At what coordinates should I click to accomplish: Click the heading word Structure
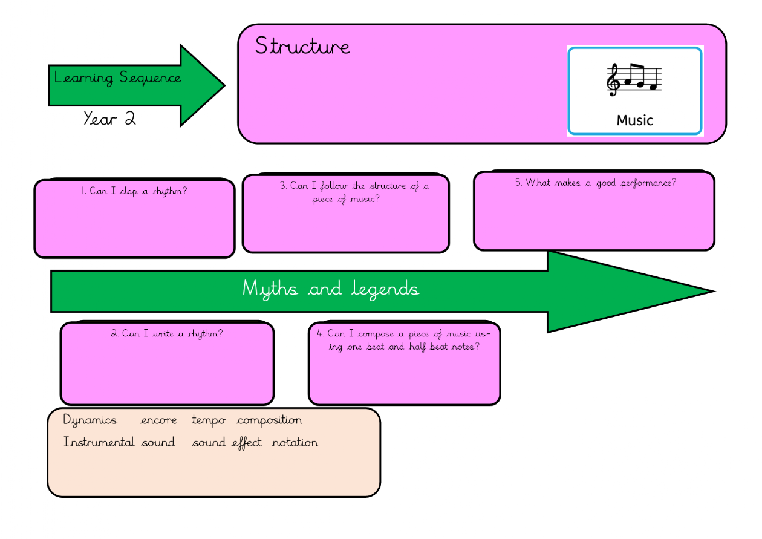(x=302, y=46)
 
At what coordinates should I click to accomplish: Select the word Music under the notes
(x=635, y=120)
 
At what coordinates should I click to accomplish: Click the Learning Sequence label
(x=117, y=78)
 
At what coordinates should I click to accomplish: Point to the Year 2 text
(x=109, y=119)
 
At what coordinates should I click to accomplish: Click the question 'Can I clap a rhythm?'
(x=134, y=191)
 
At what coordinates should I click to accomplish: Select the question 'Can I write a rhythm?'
(x=166, y=333)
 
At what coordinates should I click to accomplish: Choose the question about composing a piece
(x=404, y=340)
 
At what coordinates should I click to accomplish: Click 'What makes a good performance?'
(x=595, y=183)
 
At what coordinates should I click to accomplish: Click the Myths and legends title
(x=331, y=289)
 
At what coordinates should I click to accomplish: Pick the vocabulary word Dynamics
(x=90, y=420)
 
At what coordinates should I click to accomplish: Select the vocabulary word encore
(x=158, y=420)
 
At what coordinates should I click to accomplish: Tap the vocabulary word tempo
(x=209, y=420)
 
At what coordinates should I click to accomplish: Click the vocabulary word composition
(x=269, y=420)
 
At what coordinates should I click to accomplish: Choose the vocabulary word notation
(x=295, y=443)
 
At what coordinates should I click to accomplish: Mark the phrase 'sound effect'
(x=227, y=443)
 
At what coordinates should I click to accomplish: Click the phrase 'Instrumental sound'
(x=119, y=443)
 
